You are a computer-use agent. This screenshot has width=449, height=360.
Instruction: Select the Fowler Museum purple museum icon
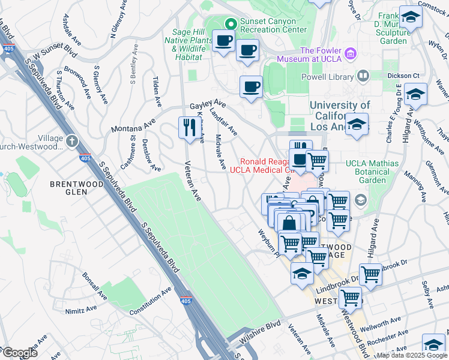351,55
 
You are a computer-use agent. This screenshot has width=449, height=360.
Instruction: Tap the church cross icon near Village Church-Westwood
72,142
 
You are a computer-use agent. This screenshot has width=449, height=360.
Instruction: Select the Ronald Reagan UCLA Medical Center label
264,166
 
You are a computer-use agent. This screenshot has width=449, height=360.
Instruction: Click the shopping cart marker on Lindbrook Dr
370,274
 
